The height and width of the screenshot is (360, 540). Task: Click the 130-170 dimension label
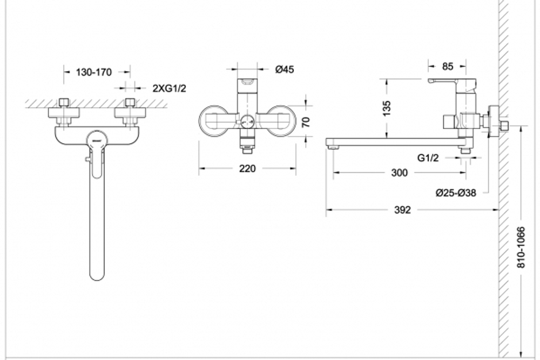[93, 72]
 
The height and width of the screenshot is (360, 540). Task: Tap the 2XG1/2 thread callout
[169, 89]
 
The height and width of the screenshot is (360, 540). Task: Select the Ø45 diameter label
[285, 70]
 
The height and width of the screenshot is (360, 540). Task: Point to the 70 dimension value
[306, 122]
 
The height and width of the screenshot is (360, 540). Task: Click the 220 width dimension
[247, 168]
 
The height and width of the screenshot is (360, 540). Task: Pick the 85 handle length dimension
[447, 66]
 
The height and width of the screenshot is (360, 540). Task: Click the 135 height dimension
[387, 108]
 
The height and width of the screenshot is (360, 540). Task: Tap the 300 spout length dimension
[400, 172]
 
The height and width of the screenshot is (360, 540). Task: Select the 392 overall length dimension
[402, 209]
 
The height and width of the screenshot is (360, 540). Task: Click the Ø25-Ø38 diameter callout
[456, 193]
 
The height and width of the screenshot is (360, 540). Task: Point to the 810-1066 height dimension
[522, 247]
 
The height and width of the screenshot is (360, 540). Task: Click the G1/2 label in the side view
[428, 158]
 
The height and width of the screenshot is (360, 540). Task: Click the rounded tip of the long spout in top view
[97, 275]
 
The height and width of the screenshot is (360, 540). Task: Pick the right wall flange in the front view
[281, 121]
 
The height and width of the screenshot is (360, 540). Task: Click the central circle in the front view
[247, 121]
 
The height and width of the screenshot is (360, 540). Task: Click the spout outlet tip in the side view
[332, 148]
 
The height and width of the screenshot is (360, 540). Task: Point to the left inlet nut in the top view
[64, 102]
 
